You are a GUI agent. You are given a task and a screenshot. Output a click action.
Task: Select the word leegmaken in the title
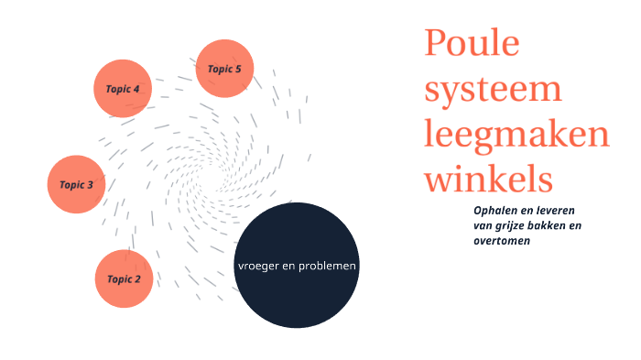516,135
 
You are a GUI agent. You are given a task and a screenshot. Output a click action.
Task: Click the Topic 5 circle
224,69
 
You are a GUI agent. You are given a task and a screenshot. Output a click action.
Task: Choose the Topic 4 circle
123,89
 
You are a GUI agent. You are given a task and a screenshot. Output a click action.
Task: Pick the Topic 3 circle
76,184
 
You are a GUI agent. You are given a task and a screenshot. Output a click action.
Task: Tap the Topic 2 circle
124,278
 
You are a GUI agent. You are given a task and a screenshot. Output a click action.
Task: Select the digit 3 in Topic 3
90,184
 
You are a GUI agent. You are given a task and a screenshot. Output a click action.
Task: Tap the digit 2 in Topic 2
137,278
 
